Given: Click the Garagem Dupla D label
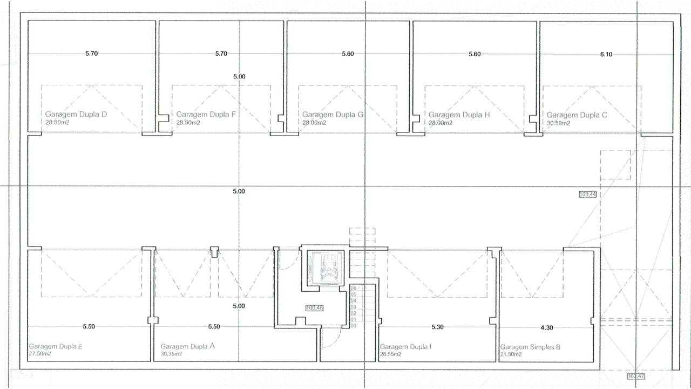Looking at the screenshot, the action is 76,114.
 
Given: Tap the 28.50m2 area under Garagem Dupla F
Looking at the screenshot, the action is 188,123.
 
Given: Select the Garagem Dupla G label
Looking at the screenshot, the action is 333,115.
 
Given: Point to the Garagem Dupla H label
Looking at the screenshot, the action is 459,115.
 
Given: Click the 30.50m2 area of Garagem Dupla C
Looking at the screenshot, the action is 558,123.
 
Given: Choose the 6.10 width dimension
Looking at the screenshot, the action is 606,55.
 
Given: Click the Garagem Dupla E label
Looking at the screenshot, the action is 56,346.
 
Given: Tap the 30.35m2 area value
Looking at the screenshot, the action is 172,354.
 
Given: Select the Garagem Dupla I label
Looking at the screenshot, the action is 405,347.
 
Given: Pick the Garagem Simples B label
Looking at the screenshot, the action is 530,347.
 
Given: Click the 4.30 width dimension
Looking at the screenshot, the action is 547,327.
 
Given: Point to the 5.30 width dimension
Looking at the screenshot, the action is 437,327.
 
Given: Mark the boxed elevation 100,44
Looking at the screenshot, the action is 588,194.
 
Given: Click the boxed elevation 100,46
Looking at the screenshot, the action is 315,308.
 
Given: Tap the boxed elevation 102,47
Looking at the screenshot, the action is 636,377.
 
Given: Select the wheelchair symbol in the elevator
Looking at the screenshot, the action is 328,267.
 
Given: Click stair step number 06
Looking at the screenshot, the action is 354,288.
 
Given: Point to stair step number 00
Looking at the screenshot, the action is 354,326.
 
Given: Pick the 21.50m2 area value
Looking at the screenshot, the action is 511,354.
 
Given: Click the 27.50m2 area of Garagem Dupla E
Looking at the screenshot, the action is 40,354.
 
